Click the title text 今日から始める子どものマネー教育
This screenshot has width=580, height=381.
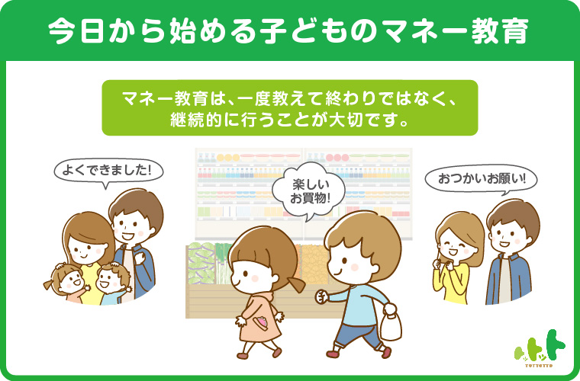(x=288, y=30)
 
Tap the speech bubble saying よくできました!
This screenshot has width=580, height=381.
(x=108, y=172)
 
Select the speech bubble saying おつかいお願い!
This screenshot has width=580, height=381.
(x=481, y=180)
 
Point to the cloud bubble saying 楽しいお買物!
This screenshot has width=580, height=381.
(x=309, y=191)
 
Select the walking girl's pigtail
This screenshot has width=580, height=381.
(x=296, y=285)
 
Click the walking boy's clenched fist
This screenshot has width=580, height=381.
(x=321, y=296)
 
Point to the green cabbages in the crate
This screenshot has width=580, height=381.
(x=201, y=262)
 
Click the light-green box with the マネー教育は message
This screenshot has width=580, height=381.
(x=290, y=107)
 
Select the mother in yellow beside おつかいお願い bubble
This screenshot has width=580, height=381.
(x=458, y=258)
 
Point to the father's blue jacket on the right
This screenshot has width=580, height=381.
(x=509, y=279)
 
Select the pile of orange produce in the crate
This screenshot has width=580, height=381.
(x=314, y=264)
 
